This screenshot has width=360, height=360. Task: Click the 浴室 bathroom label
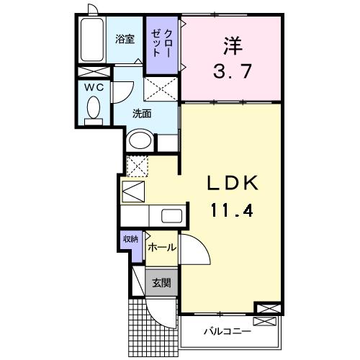point(125,40)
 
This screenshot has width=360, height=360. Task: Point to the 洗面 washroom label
point(142,113)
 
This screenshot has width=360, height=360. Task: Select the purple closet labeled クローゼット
point(162,45)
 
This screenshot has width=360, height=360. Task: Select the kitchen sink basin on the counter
point(171,215)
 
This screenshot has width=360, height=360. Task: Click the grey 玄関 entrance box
point(160,284)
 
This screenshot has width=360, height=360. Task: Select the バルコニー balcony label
point(226,332)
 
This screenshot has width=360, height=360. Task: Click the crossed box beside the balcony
point(266,309)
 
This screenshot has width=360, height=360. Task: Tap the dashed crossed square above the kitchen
point(137,165)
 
